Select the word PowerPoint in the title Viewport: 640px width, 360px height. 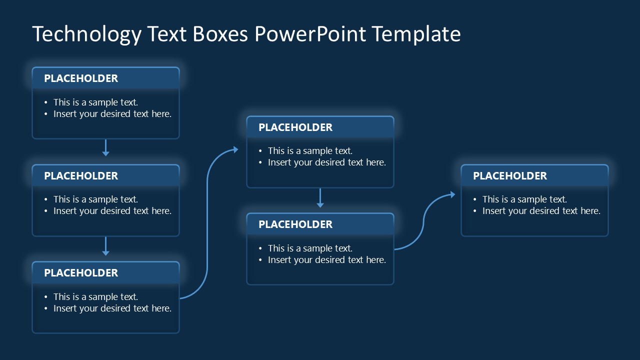310,34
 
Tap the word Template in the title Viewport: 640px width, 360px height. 416,34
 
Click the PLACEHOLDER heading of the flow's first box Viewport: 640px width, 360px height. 81,78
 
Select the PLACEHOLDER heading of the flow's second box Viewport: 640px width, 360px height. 81,176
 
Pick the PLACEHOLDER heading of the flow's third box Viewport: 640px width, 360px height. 81,273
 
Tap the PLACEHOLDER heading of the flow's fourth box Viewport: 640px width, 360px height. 295,127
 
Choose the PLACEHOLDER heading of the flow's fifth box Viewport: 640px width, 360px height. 295,224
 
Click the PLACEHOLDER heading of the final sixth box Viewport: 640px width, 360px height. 510,176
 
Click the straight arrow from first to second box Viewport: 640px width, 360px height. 105,148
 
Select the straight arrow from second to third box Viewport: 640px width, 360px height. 105,245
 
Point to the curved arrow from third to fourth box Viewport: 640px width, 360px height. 207,225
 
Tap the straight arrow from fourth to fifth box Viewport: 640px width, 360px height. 320,197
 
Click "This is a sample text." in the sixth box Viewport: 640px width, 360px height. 524,199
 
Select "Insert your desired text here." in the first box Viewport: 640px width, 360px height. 112,114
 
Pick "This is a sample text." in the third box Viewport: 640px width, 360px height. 95,297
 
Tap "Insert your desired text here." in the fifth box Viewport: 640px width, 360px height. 327,260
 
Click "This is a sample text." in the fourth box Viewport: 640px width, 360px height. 310,151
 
